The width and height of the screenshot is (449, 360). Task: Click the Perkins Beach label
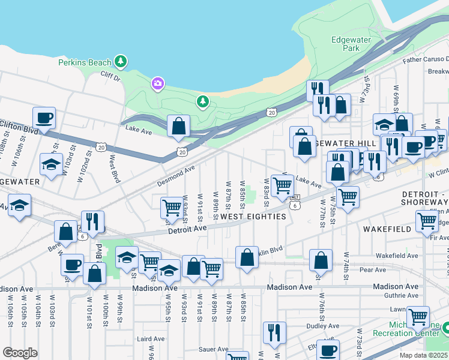tap(85, 62)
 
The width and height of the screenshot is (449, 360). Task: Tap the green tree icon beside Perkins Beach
tap(121, 61)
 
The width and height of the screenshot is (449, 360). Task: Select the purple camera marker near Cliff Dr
tap(158, 82)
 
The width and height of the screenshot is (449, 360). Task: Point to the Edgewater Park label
tap(351, 44)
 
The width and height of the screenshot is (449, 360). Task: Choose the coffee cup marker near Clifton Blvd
tap(44, 118)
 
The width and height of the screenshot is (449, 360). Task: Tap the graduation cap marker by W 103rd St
tap(52, 164)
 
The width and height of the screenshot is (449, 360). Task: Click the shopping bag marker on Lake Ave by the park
tap(179, 125)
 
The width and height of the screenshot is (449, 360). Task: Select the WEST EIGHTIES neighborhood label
tap(253, 217)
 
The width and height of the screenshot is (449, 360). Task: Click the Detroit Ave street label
tap(187, 229)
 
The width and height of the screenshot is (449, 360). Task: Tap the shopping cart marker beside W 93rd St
tap(172, 208)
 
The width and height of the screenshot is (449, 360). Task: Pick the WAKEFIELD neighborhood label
tap(387, 229)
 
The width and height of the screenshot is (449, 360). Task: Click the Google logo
tap(20, 352)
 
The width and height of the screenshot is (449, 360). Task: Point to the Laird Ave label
tap(147, 339)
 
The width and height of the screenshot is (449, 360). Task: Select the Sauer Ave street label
tap(214, 349)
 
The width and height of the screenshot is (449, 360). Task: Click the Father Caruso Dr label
tap(426, 59)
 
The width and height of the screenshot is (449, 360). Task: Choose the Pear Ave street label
tap(373, 270)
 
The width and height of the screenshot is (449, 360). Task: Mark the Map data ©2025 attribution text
tap(424, 355)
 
